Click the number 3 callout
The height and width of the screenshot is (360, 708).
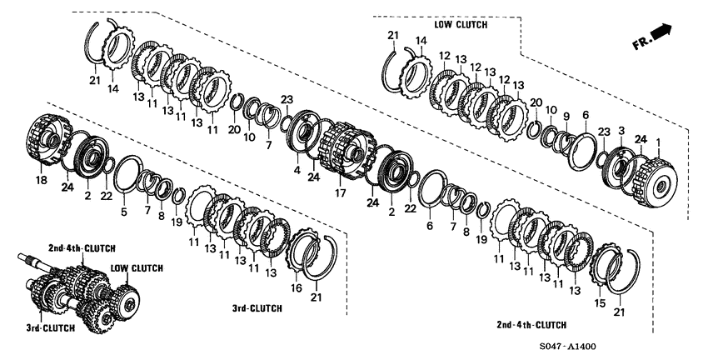point(620,131)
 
